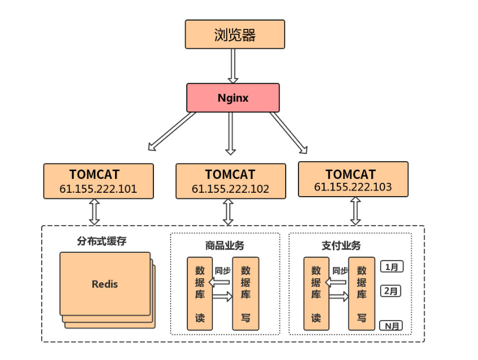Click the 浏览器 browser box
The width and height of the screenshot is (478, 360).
[x=235, y=34]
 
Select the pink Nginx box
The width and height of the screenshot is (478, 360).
[x=232, y=98]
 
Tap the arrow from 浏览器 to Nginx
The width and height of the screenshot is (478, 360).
[x=233, y=66]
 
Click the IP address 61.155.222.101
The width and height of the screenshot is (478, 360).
[x=98, y=189]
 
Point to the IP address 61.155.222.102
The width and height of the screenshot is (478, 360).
[x=230, y=189]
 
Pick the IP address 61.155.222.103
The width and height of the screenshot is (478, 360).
[x=352, y=187]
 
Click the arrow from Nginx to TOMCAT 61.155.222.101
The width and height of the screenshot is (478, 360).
[x=172, y=131]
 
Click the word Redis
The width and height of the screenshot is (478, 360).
[x=105, y=284]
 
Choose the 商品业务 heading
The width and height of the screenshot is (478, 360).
[x=225, y=245]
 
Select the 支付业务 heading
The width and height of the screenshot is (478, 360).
[x=341, y=245]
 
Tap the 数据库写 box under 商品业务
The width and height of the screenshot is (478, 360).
[x=245, y=293]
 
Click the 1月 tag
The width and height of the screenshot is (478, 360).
[x=391, y=267]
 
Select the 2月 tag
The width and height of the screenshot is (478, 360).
[x=391, y=291]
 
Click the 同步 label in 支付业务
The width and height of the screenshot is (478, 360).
[x=340, y=271]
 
